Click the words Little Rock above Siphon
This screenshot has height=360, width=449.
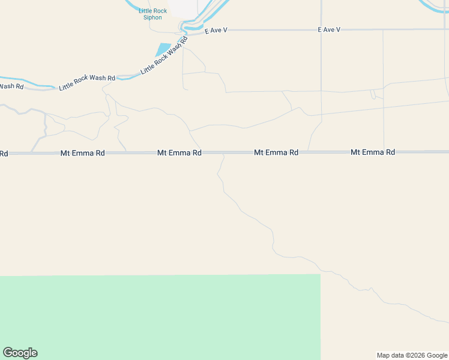click(152, 10)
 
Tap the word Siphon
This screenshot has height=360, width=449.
click(152, 17)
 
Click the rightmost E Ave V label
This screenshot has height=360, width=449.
click(329, 29)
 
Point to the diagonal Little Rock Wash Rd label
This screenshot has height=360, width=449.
click(163, 56)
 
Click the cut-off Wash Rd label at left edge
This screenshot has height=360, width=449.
click(11, 86)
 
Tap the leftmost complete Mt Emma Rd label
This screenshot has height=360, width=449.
click(83, 153)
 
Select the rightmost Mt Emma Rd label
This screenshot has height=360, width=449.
click(373, 152)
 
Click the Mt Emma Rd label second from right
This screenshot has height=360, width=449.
click(276, 152)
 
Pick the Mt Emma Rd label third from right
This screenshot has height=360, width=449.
click(179, 153)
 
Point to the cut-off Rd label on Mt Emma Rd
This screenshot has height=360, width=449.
click(4, 154)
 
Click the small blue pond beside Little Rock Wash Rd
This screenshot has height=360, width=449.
click(163, 49)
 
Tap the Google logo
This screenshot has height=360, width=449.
click(20, 353)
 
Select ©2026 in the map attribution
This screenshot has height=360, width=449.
click(417, 355)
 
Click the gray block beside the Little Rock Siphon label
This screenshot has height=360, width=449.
click(184, 8)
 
